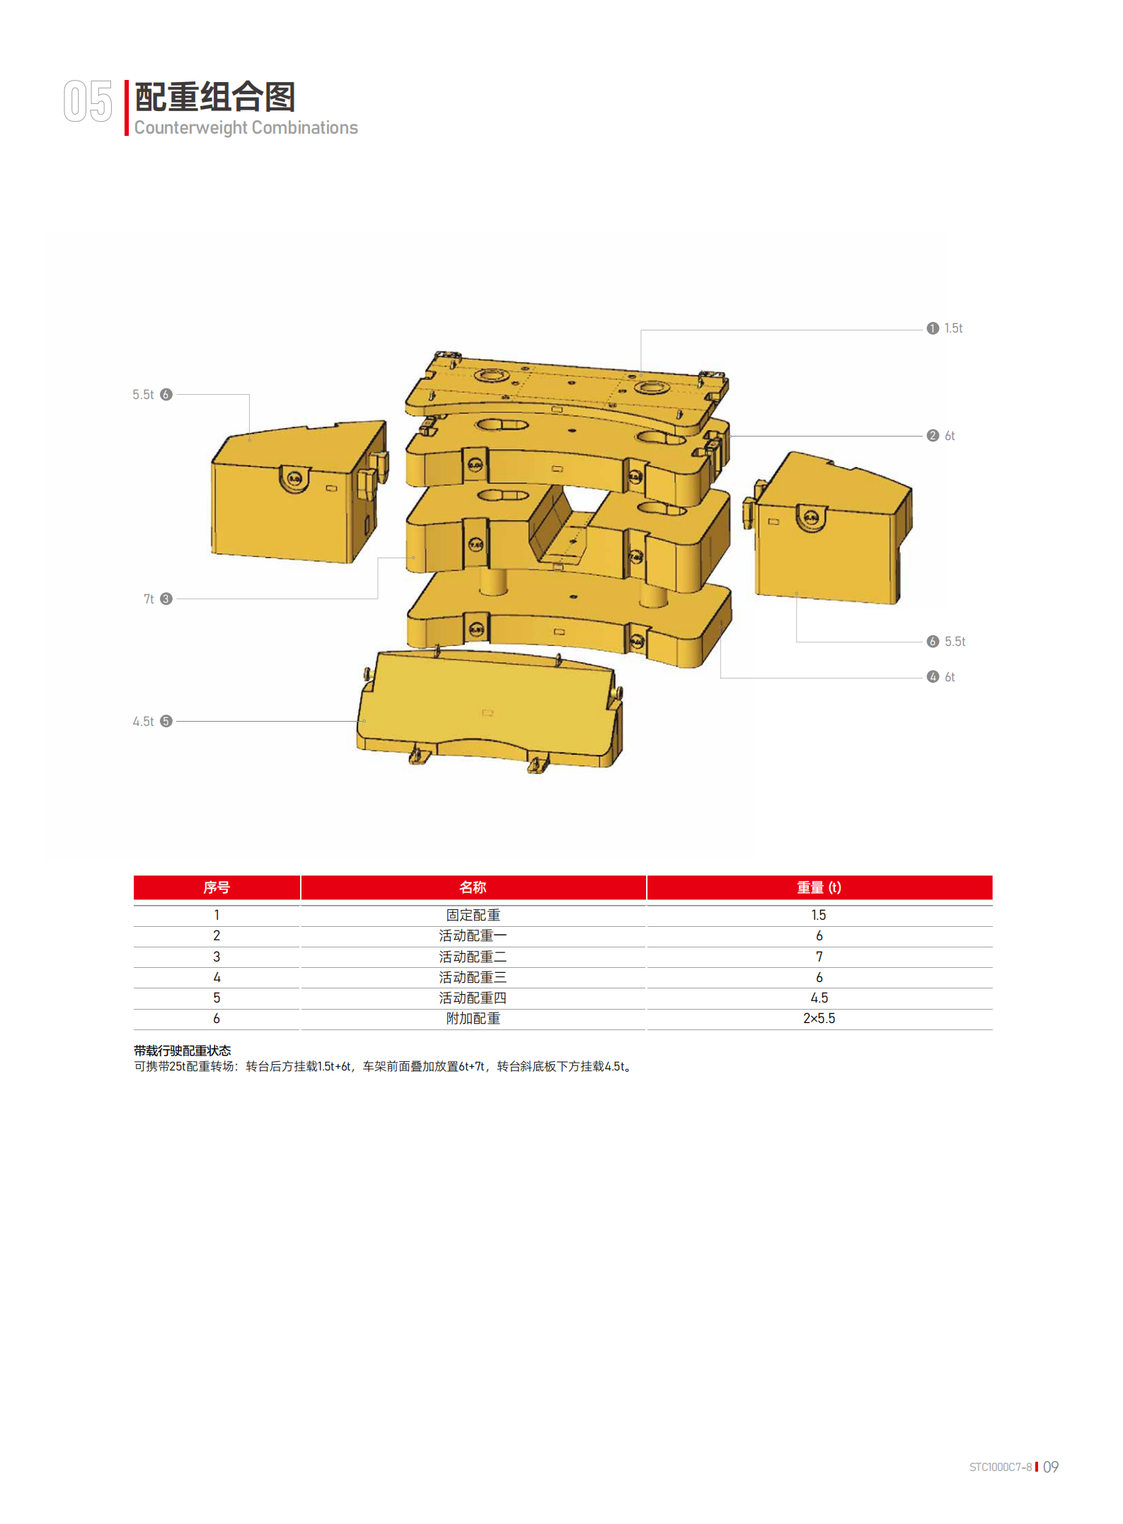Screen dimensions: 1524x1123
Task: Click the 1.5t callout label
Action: (x=953, y=328)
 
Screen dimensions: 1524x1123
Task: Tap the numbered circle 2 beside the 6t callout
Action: (x=933, y=436)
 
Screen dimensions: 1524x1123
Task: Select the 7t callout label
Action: (x=149, y=599)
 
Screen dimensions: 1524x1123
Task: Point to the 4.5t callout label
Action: (x=143, y=722)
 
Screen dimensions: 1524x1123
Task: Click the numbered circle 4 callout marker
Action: (x=933, y=677)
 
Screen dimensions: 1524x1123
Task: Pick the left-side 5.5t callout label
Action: (x=143, y=395)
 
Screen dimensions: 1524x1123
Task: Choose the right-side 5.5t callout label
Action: (x=955, y=642)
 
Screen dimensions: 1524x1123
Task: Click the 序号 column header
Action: (x=217, y=887)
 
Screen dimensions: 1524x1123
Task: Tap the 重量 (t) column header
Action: (x=819, y=887)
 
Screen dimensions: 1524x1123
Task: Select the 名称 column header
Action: (x=473, y=887)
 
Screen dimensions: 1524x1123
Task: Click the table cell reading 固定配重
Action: (x=473, y=916)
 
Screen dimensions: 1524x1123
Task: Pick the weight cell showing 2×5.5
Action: (x=819, y=1019)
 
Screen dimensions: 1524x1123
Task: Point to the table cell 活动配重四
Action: (x=473, y=998)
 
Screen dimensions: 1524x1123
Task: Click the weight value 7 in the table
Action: (x=819, y=957)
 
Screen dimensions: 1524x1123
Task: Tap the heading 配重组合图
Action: (x=214, y=98)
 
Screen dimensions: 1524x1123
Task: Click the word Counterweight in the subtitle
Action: (x=190, y=128)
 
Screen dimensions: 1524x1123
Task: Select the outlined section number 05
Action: (x=88, y=101)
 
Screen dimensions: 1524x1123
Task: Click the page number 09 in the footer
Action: (x=1051, y=1467)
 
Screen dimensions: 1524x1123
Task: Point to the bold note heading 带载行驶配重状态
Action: (x=183, y=1051)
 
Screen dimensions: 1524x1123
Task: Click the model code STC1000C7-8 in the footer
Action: (x=1000, y=1467)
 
